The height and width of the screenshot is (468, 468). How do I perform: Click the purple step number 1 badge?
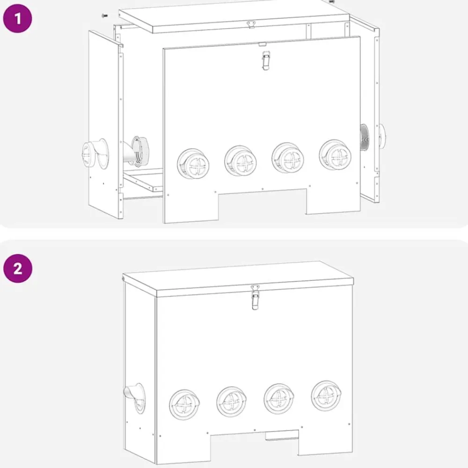pos(17,18)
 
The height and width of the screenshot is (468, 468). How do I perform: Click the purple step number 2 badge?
pos(18,268)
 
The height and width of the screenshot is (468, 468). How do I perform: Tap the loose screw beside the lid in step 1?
pos(104,15)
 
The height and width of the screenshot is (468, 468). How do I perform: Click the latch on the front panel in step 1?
pos(265,60)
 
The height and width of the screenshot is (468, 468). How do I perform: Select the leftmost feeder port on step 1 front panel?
pos(193,163)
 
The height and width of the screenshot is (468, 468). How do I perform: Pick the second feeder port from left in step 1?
pos(241,161)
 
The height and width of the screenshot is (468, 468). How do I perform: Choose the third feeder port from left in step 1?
pos(288,158)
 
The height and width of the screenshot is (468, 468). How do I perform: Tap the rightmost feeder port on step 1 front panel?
pos(335,154)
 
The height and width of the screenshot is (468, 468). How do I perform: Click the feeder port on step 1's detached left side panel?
pos(95,154)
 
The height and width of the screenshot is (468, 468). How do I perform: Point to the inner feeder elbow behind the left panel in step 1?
pos(135,151)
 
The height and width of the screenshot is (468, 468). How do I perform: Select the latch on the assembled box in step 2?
pos(255,297)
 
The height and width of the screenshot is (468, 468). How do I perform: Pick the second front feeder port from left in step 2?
pos(231,402)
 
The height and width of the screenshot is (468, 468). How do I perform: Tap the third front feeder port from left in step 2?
pos(278,398)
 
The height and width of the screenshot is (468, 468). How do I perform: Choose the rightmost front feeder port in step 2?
pos(326,395)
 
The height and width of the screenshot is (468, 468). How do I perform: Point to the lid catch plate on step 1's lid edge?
pos(251,24)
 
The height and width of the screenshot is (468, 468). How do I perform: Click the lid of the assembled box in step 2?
pos(238,278)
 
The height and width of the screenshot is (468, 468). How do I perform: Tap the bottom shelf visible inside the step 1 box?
pos(143,180)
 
